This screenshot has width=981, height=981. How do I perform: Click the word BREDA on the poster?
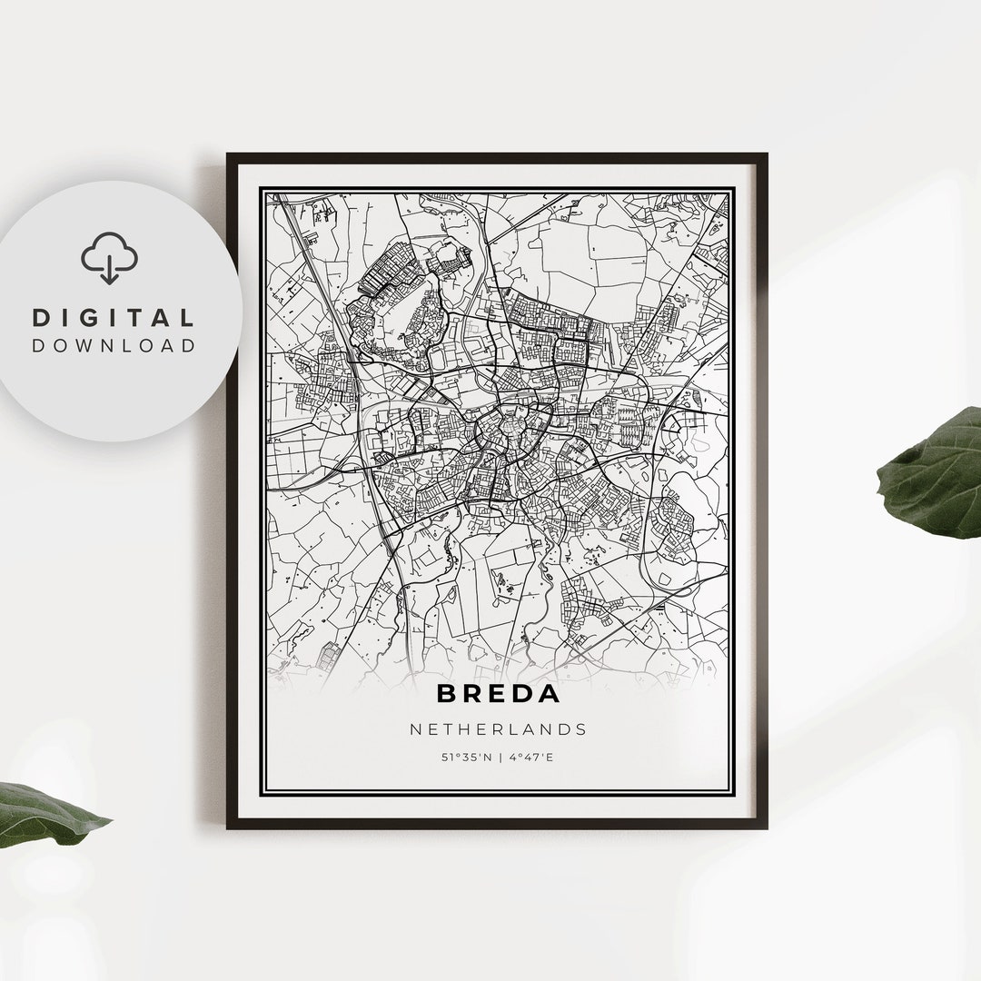click(x=498, y=693)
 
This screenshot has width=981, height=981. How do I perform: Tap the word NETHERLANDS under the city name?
click(x=498, y=729)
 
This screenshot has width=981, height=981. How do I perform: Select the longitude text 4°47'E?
click(x=531, y=757)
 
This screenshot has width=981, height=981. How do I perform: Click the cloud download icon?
click(x=109, y=257)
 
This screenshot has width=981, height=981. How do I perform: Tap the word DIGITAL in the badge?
click(x=114, y=318)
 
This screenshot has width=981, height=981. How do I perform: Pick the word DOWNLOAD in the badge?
click(x=114, y=345)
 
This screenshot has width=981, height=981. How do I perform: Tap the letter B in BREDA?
click(x=446, y=693)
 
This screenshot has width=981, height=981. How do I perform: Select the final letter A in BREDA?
click(x=550, y=693)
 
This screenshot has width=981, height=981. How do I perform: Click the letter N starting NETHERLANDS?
click(x=415, y=729)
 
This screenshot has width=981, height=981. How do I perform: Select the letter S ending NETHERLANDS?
click(x=581, y=729)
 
